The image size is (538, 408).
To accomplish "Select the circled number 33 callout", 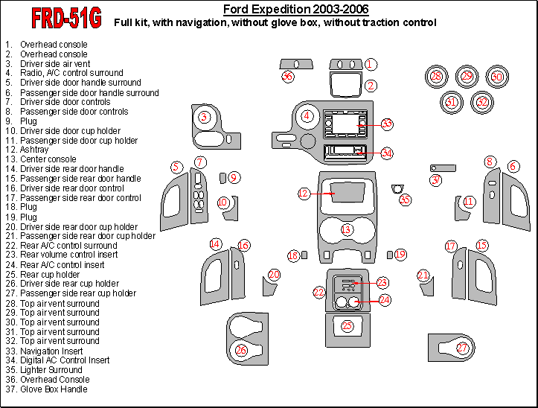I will [x=386, y=124].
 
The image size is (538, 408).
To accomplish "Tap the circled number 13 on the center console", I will [x=346, y=229].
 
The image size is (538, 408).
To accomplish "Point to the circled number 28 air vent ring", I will [x=436, y=76].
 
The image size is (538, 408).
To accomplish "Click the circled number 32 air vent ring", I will [x=483, y=101].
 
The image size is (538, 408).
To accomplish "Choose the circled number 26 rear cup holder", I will [x=241, y=350].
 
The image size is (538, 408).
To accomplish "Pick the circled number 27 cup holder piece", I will [x=463, y=348].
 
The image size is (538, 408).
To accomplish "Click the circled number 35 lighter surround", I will [x=405, y=200].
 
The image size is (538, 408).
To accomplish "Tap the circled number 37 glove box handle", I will [x=436, y=179].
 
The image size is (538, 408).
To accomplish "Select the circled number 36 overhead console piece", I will [x=287, y=76].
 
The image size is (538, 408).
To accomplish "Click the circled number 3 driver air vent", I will [x=204, y=117].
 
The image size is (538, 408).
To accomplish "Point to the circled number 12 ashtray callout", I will [x=303, y=194].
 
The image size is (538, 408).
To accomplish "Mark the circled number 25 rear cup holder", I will [x=347, y=326].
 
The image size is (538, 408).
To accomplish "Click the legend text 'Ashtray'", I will [x=34, y=150].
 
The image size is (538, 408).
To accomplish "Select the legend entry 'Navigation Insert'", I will [x=51, y=351].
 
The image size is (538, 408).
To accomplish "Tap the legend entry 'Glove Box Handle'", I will [x=54, y=389].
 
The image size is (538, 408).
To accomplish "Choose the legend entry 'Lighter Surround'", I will [x=51, y=370].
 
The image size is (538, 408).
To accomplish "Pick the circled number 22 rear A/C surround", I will [x=318, y=293].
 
